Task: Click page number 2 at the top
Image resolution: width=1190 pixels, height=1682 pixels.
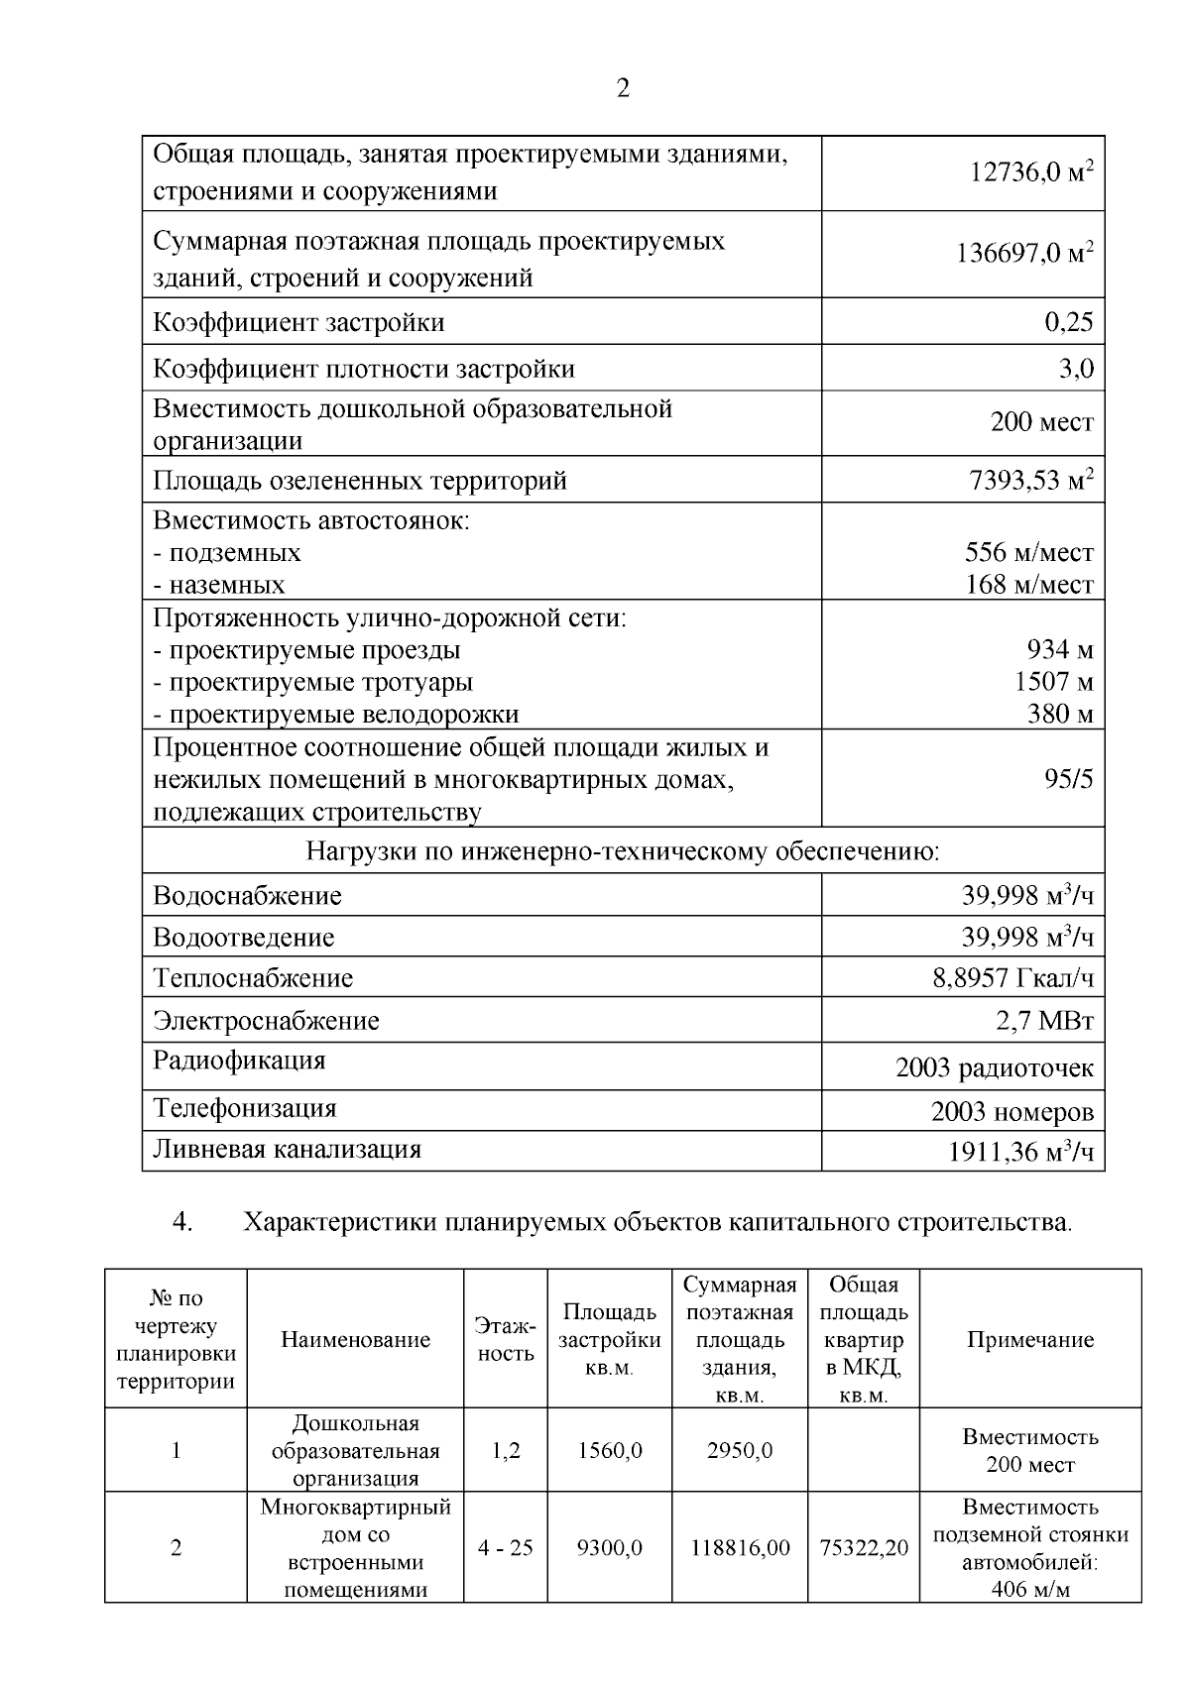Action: pos(623,89)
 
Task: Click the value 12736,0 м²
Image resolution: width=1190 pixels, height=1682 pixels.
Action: pos(1030,173)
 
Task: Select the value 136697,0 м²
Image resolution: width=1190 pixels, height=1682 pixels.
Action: pos(1024,254)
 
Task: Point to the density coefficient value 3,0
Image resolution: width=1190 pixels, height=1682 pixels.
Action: pos(1076,369)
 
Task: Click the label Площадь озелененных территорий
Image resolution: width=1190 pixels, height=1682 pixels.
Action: pos(360,481)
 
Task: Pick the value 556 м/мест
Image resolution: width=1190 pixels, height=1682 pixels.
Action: pos(1028,552)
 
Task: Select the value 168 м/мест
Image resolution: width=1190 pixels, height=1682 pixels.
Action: pos(1028,585)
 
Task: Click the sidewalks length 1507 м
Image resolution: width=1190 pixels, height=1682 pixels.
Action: pos(1053,682)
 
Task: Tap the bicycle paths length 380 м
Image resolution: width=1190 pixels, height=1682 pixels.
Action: pos(1059,715)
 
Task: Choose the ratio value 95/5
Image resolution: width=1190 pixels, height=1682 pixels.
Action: pos(1068,779)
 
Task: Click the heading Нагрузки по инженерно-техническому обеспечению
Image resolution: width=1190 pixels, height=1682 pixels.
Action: pos(622,851)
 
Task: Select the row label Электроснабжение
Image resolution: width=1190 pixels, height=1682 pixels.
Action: pos(266,1021)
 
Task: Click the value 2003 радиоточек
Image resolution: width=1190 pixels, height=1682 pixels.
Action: pos(994,1068)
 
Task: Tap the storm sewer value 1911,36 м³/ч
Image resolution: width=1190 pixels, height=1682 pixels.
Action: pos(1020,1153)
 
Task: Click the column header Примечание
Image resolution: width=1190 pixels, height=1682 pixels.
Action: pos(1029,1340)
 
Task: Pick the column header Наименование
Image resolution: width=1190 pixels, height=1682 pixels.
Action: pos(355,1340)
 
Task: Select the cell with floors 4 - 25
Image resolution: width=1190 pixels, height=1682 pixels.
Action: pos(506,1548)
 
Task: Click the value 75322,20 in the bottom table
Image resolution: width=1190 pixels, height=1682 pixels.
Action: pos(864,1548)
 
